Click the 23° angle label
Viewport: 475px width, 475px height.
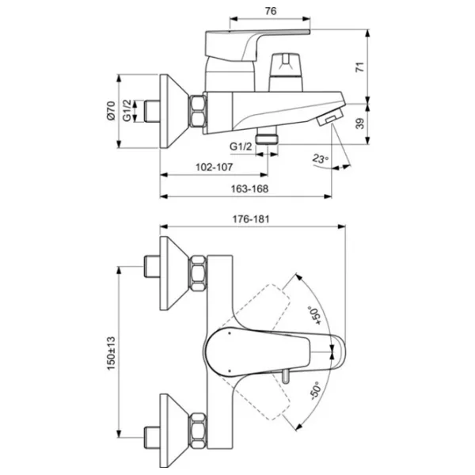coord(320,158)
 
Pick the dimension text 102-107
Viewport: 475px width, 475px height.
coord(213,168)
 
